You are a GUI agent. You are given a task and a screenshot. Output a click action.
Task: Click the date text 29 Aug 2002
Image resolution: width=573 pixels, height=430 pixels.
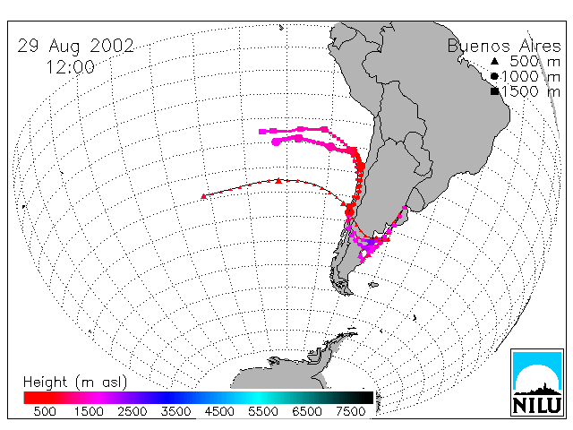pyautogui.click(x=75, y=47)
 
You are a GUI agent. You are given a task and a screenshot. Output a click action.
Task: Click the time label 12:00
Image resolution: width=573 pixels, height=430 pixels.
pyautogui.click(x=70, y=67)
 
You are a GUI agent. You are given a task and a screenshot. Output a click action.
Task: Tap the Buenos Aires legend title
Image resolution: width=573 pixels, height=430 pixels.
pyautogui.click(x=504, y=46)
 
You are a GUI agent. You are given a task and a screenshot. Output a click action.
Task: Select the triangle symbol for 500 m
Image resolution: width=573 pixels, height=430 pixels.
pyautogui.click(x=494, y=61)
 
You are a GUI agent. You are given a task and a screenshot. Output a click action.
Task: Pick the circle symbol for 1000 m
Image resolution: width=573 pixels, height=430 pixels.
pyautogui.click(x=494, y=76)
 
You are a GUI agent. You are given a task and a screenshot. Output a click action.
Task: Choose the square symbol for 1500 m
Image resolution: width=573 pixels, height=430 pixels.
pyautogui.click(x=494, y=91)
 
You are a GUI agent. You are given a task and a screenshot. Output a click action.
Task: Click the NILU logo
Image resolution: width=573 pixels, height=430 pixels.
pyautogui.click(x=537, y=383)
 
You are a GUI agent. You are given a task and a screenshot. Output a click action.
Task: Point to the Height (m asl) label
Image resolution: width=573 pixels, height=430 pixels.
pyautogui.click(x=75, y=383)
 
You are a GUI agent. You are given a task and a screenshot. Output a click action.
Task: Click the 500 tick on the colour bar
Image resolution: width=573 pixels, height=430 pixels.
pyautogui.click(x=45, y=412)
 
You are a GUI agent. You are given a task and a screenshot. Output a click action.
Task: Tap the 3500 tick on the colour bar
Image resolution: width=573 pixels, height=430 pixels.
pyautogui.click(x=175, y=412)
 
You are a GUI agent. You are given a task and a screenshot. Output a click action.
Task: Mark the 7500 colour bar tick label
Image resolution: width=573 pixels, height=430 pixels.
pyautogui.click(x=350, y=412)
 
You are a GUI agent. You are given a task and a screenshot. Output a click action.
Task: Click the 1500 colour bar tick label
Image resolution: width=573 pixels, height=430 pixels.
pyautogui.click(x=89, y=412)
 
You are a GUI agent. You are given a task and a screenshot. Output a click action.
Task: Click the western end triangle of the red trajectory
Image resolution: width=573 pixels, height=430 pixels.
pyautogui.click(x=204, y=197)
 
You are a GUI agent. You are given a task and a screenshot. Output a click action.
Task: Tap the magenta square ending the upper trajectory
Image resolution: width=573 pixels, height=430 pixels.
pyautogui.click(x=261, y=132)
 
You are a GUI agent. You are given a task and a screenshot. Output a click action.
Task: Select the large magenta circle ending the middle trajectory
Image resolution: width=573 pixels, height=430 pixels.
pyautogui.click(x=277, y=142)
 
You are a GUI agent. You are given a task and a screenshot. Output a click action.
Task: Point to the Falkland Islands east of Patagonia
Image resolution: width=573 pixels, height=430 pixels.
pyautogui.click(x=373, y=285)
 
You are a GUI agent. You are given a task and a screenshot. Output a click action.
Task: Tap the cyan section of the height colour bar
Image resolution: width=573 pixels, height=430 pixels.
pyautogui.click(x=256, y=398)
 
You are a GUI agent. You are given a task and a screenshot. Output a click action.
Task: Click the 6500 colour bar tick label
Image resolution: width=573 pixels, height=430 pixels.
pyautogui.click(x=307, y=412)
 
